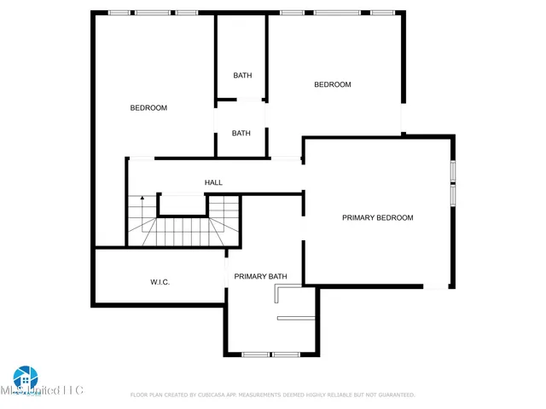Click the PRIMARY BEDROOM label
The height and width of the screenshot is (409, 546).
[377, 218]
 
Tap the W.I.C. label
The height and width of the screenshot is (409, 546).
[160, 282]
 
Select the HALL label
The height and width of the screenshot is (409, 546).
[213, 182]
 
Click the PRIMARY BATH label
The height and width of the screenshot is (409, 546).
[260, 276]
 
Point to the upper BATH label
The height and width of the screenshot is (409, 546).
[242, 76]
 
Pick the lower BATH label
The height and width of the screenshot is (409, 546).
[241, 133]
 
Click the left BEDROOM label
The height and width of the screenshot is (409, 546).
[148, 108]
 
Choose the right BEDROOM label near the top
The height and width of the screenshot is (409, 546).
[332, 84]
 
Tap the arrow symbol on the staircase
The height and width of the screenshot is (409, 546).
[142, 199]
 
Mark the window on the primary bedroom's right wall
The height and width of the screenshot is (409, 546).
[453, 183]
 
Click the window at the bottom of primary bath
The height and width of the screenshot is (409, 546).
[270, 354]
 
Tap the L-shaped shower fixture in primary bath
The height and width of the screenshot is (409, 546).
[278, 295]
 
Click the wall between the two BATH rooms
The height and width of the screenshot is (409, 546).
[241, 101]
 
